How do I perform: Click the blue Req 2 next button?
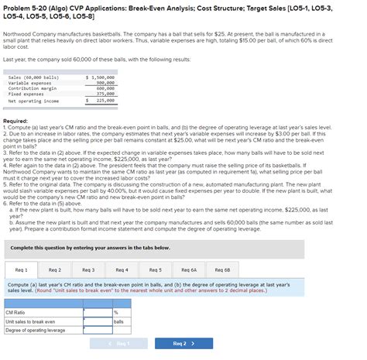[183, 343]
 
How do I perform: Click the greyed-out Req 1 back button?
[121, 343]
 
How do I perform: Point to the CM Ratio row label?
[15, 312]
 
